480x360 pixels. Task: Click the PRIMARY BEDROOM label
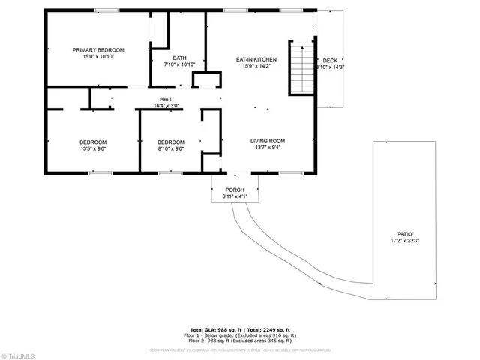tap(98, 50)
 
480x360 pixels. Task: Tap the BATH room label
tap(179, 58)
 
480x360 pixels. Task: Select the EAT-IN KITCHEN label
tap(256, 58)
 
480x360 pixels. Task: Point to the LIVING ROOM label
tap(268, 141)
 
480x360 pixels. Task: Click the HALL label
tap(166, 99)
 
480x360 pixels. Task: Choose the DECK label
tap(330, 61)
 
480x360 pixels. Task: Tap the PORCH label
tap(235, 190)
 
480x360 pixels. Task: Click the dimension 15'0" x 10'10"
tap(98, 57)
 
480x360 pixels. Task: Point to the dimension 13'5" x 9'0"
tap(93, 149)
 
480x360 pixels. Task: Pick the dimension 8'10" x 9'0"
tap(170, 149)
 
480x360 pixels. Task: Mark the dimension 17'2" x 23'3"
tap(404, 241)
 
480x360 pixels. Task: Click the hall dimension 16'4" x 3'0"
tap(166, 106)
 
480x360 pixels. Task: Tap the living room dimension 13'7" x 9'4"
tap(268, 148)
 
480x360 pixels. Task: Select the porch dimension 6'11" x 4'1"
tap(235, 196)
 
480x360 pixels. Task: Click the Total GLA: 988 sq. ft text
tap(214, 330)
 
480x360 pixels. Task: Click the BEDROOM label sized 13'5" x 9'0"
tap(93, 142)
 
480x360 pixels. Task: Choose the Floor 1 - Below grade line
tap(240, 335)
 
